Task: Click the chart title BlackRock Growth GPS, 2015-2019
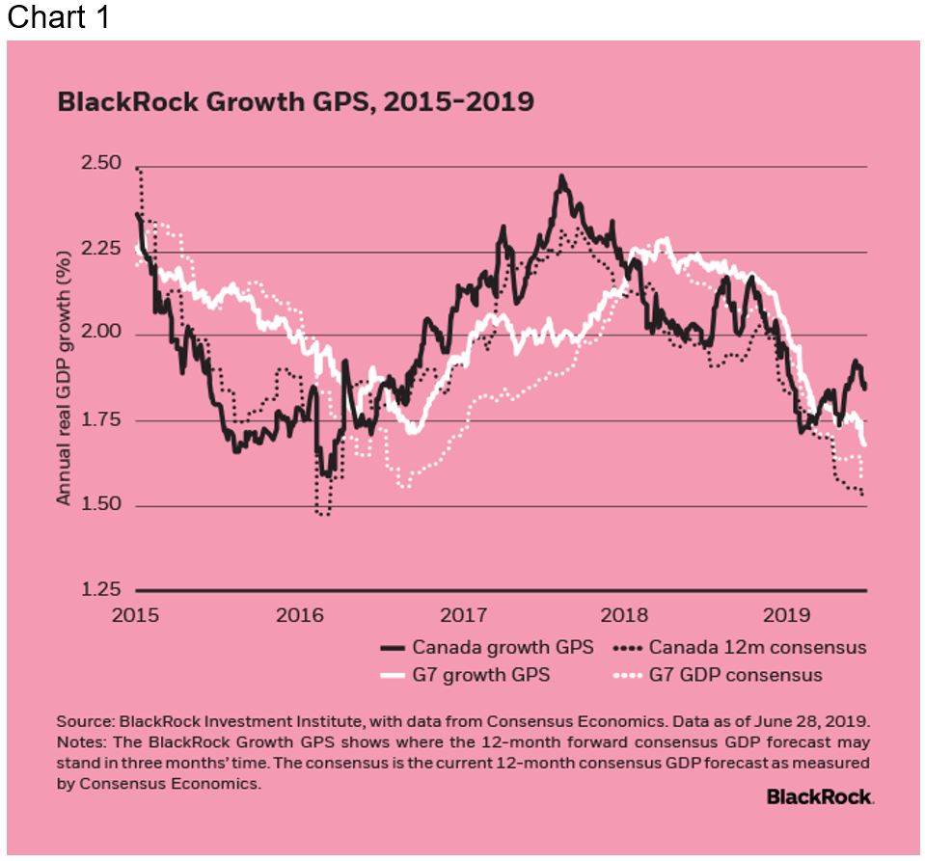coord(295,102)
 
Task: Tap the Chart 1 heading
coord(59,18)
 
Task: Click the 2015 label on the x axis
coord(136,613)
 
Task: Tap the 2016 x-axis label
coord(300,613)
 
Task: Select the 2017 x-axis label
coord(464,613)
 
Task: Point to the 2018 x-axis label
coord(626,613)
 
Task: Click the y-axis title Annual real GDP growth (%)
coord(65,379)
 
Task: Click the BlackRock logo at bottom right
coord(820,796)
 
